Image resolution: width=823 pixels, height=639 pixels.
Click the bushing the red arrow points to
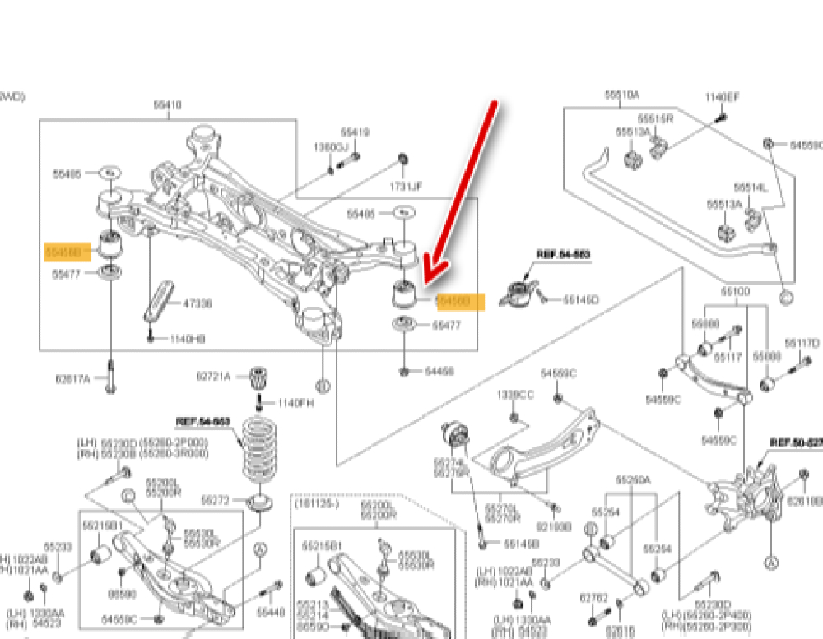(404, 293)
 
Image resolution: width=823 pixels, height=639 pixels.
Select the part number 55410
(168, 105)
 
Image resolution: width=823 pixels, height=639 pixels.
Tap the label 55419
(355, 132)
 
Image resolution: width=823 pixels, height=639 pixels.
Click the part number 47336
(196, 303)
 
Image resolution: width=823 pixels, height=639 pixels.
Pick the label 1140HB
(188, 338)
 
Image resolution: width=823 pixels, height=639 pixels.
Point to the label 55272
(215, 500)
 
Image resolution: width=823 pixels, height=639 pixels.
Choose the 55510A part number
(622, 95)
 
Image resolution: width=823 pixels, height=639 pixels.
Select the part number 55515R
(656, 118)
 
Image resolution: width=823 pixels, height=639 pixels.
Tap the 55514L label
(751, 188)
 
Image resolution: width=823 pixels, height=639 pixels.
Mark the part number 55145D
(581, 299)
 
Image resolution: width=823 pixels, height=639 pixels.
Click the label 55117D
(802, 342)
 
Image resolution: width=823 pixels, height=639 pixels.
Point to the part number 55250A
(633, 479)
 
